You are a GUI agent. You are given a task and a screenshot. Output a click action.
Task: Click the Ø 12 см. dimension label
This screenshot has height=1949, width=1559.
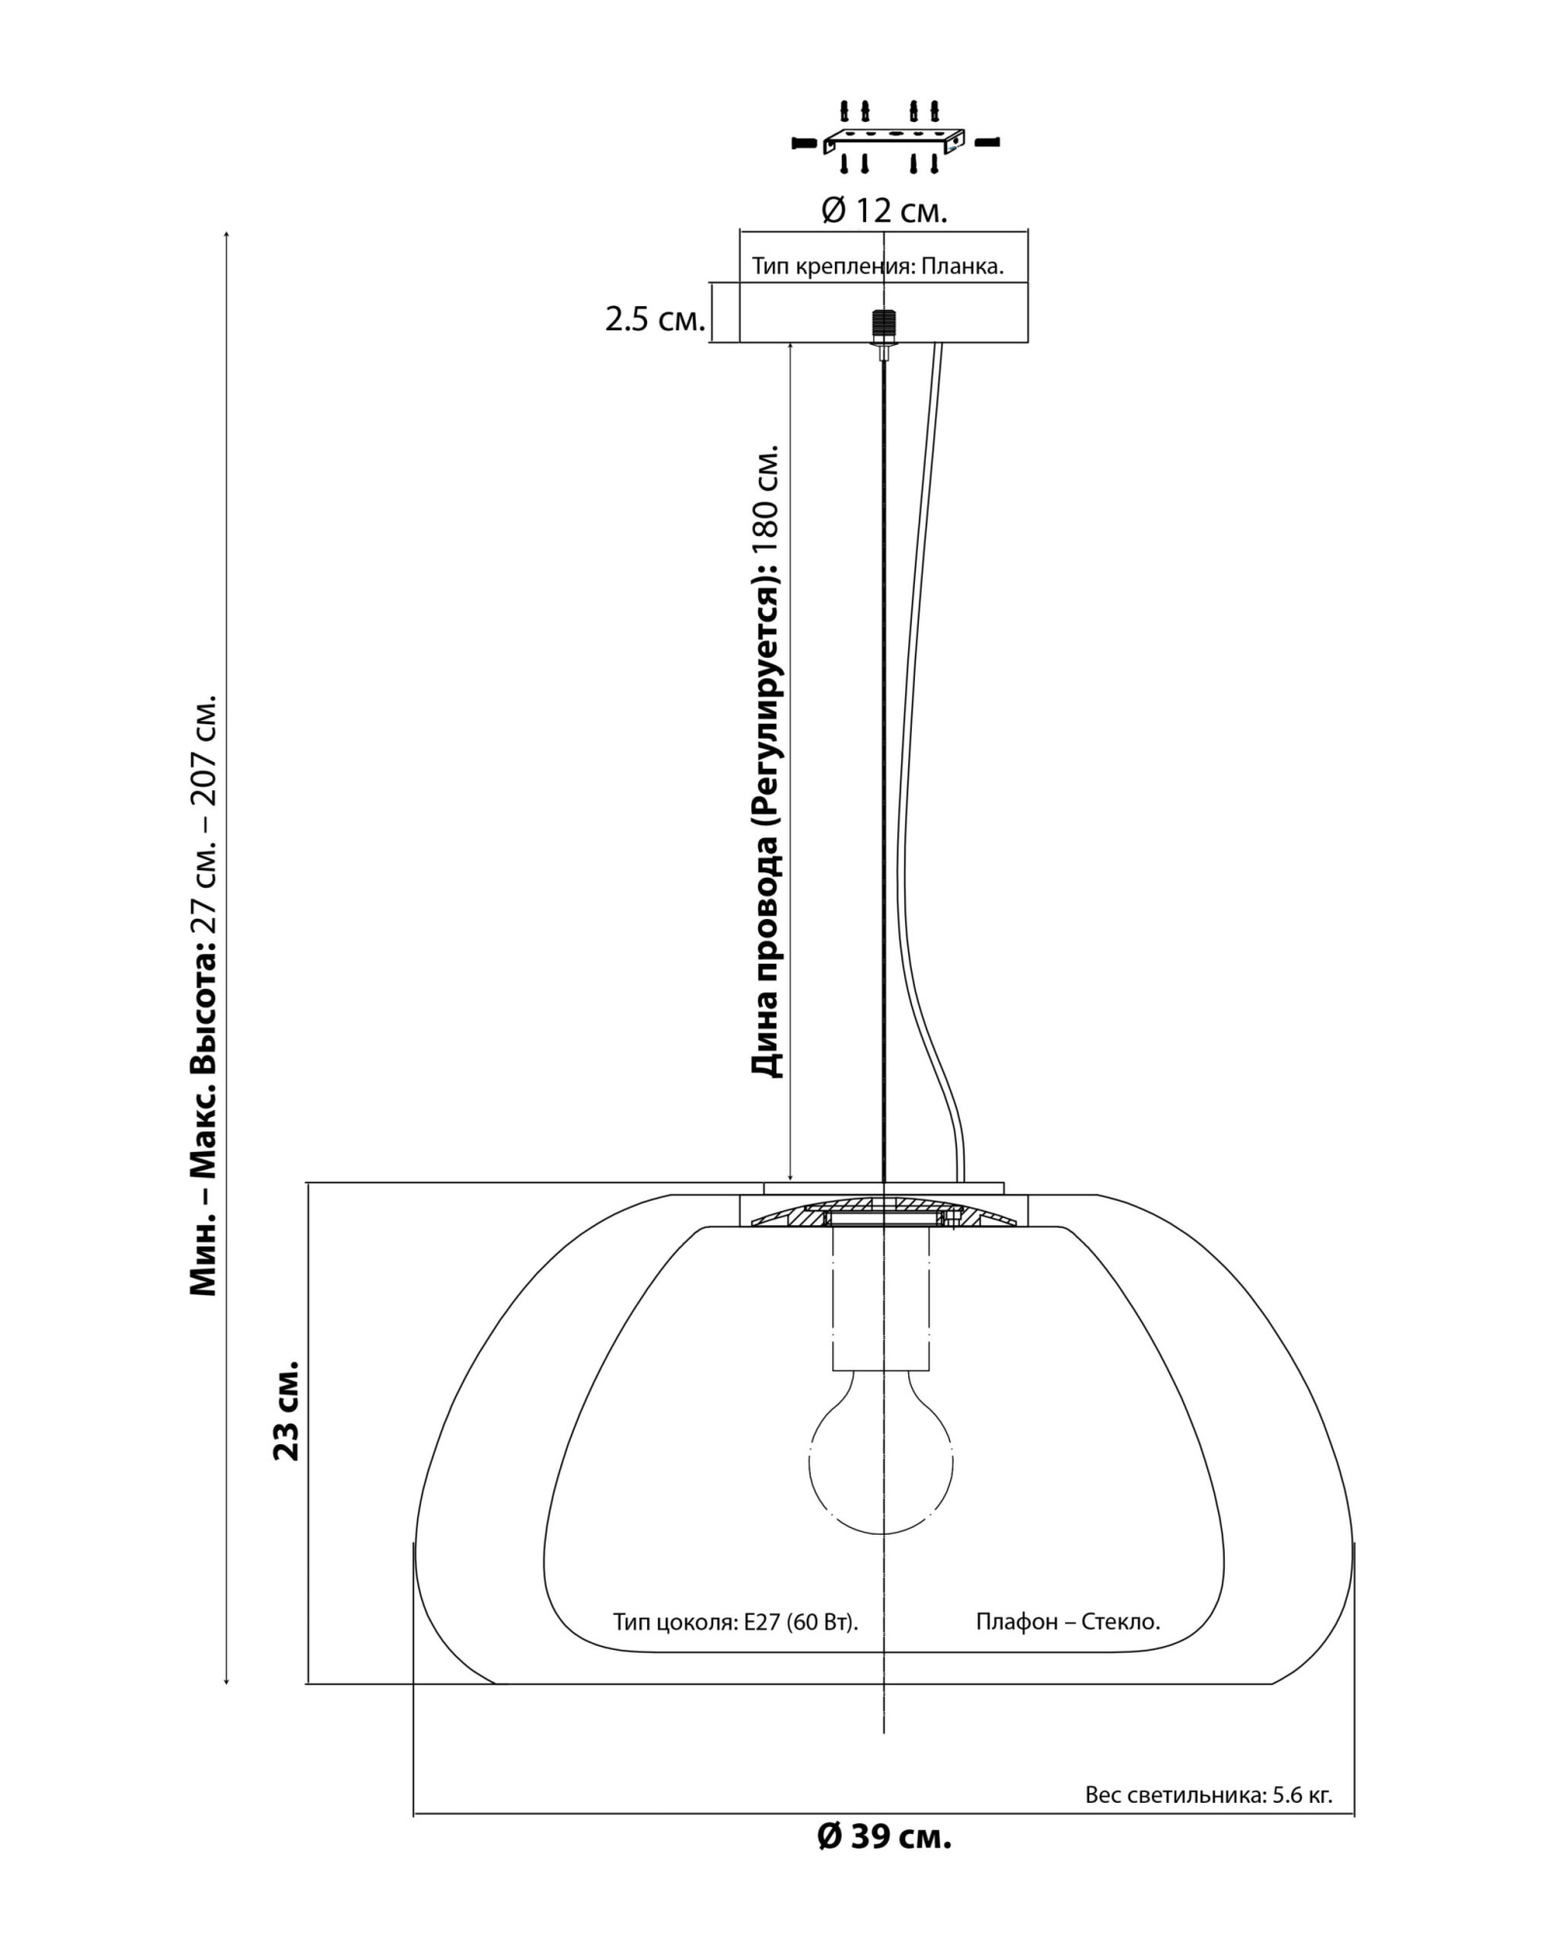884,210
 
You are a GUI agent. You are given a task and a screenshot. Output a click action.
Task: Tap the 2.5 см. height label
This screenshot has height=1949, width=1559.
655,319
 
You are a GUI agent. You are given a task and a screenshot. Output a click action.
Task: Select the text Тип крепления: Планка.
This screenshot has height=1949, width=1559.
878,266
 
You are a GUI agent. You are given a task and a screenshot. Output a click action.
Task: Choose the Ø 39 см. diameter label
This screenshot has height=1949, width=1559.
884,1837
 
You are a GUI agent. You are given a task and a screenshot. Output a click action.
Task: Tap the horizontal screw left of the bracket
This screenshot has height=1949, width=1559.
803,142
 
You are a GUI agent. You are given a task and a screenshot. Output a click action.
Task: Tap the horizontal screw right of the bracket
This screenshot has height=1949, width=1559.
987,142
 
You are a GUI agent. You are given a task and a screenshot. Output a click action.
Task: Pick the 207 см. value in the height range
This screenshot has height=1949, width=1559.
205,753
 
